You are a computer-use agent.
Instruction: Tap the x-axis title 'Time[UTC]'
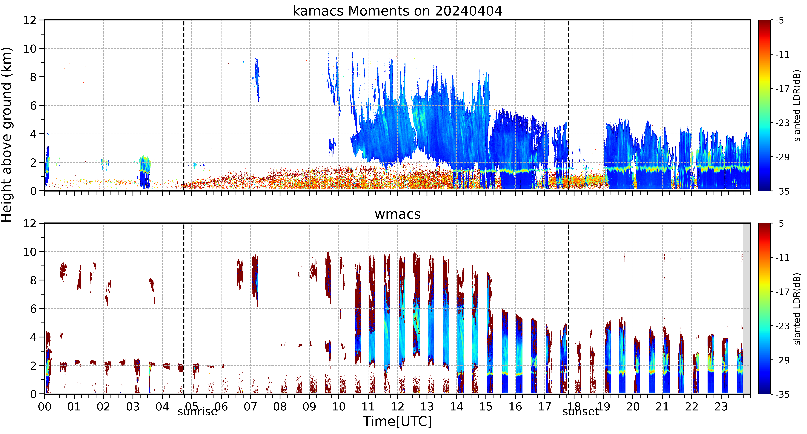pos(397,421)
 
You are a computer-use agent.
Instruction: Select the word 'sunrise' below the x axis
pos(197,411)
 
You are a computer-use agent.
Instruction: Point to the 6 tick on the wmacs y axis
pos(33,309)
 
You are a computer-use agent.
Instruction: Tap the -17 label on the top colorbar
pos(782,89)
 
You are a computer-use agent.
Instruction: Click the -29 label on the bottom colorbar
pos(782,360)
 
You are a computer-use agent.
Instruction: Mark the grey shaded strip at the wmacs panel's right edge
pos(747,308)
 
